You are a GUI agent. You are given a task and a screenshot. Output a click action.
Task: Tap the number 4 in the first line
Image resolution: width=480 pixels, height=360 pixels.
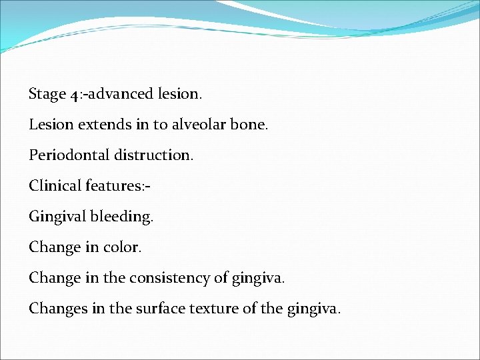[x=73, y=95]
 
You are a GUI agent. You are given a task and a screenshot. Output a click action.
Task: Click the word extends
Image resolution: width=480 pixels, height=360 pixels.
[x=95, y=125]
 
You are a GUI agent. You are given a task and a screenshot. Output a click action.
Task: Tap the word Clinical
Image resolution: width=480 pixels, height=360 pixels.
[x=55, y=186]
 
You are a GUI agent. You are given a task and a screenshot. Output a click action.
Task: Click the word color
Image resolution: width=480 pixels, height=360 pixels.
[x=122, y=247]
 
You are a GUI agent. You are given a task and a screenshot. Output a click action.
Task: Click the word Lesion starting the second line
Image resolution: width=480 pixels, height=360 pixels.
[x=49, y=125]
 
